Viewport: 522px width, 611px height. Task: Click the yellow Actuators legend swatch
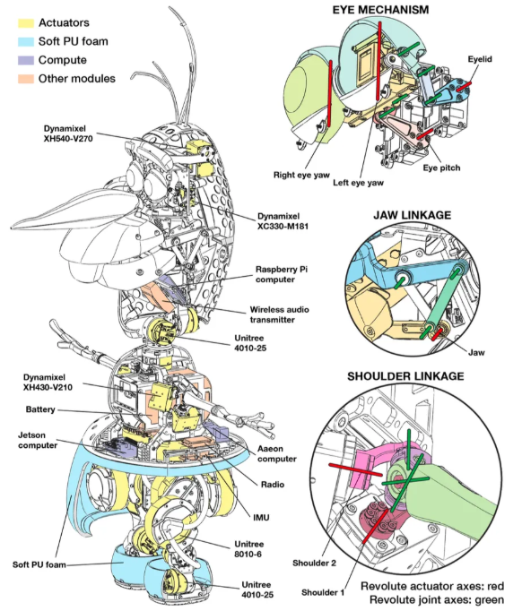26,23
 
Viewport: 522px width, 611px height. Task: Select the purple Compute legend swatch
26,60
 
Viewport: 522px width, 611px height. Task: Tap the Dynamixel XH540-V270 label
68,133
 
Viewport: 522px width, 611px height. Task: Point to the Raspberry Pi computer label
282,274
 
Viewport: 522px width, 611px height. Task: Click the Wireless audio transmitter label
279,314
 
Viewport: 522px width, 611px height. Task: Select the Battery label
40,409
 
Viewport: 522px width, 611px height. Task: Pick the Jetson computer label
38,440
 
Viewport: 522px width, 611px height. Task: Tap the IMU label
261,518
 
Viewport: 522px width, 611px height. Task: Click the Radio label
273,485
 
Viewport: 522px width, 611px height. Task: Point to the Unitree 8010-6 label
248,549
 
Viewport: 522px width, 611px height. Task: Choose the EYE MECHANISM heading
380,10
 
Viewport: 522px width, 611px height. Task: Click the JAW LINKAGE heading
412,216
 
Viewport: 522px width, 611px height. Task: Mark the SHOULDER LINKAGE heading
405,376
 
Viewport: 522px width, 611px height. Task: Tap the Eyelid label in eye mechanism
480,59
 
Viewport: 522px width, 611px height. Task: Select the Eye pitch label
441,168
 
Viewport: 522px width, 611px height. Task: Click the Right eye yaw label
301,175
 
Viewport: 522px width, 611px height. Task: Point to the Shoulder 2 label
314,564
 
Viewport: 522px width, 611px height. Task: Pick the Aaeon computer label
276,454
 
